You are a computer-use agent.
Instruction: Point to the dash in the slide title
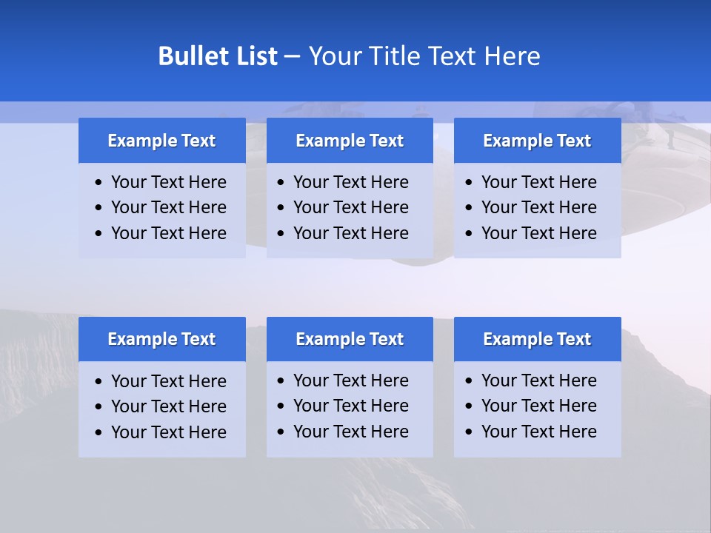pos(292,57)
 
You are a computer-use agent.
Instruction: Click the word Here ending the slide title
pos(512,56)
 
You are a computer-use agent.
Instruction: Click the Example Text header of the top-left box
pos(161,141)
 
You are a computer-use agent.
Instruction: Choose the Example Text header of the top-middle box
pos(350,141)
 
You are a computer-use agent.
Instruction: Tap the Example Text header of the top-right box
pos(537,141)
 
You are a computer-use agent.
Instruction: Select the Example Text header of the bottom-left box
pos(161,339)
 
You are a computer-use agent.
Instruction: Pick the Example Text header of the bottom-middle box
pos(350,339)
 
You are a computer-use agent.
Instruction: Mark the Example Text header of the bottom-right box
pos(537,339)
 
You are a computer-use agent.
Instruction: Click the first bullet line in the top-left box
pos(168,182)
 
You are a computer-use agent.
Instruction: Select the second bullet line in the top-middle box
pos(350,207)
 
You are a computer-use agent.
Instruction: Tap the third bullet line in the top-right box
pos(538,233)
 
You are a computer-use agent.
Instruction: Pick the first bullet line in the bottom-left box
pos(168,381)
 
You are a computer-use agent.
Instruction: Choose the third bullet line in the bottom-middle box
pos(350,432)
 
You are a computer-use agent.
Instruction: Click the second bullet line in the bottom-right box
pos(538,406)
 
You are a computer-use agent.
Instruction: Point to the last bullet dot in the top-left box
pos(99,234)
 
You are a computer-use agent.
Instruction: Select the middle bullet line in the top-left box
pos(168,207)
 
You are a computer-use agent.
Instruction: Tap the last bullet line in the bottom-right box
pos(538,432)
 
